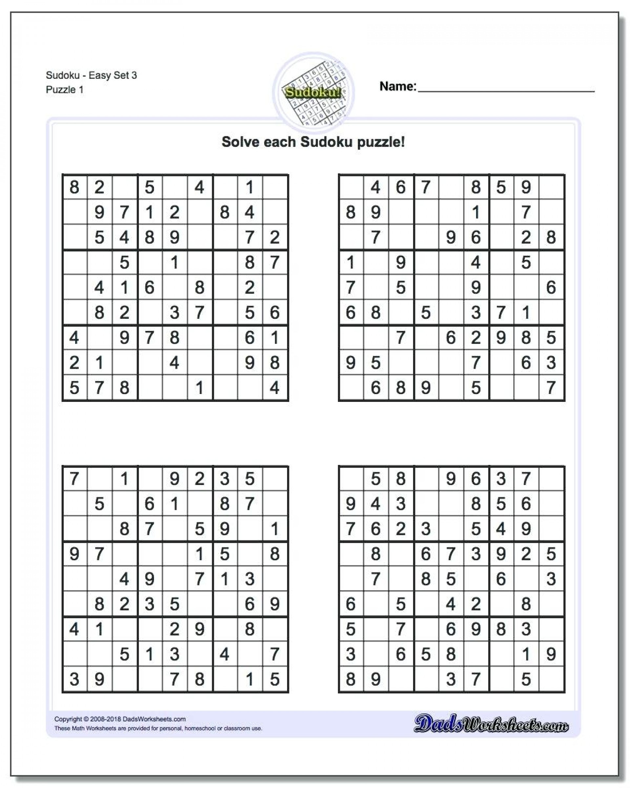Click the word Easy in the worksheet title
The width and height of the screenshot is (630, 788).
pyautogui.click(x=100, y=75)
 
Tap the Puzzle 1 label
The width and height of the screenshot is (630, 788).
pyautogui.click(x=65, y=90)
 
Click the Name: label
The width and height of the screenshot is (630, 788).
pyautogui.click(x=398, y=86)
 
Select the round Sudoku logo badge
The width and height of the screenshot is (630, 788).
pyautogui.click(x=314, y=91)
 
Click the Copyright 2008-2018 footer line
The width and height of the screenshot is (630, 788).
pyautogui.click(x=120, y=719)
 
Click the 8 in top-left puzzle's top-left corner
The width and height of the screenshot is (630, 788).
pyautogui.click(x=74, y=187)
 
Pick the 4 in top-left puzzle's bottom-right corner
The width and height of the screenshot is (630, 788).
pyautogui.click(x=275, y=388)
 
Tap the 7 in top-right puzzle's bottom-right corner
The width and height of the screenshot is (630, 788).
pyautogui.click(x=551, y=388)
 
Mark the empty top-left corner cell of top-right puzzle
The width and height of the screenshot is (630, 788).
pyautogui.click(x=351, y=187)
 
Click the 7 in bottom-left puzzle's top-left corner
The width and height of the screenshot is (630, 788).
pyautogui.click(x=74, y=479)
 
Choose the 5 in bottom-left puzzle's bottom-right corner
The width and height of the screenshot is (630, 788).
pyautogui.click(x=275, y=679)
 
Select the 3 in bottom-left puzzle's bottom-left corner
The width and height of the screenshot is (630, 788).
pyautogui.click(x=74, y=679)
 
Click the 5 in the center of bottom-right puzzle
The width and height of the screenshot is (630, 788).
pyautogui.click(x=451, y=579)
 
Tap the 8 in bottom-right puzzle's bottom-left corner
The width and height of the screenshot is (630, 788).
pyautogui.click(x=351, y=679)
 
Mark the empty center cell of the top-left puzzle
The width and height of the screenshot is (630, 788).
pyautogui.click(x=175, y=288)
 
